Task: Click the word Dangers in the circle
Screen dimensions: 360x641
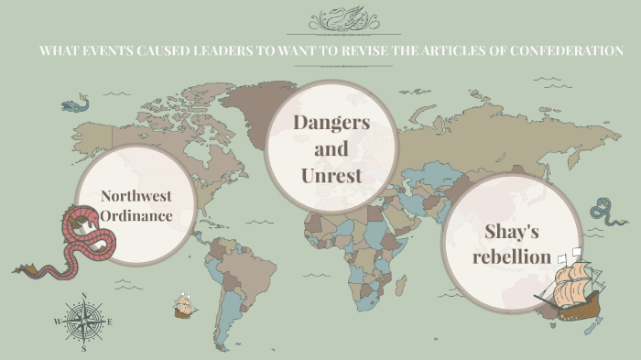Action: coord(331,122)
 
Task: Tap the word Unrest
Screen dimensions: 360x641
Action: coord(331,174)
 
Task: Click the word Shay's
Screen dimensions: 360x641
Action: coord(513,233)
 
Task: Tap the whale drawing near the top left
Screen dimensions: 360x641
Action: coord(74,104)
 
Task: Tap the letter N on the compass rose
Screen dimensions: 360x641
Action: coord(84,295)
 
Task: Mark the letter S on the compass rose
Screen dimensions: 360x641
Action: coord(84,348)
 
